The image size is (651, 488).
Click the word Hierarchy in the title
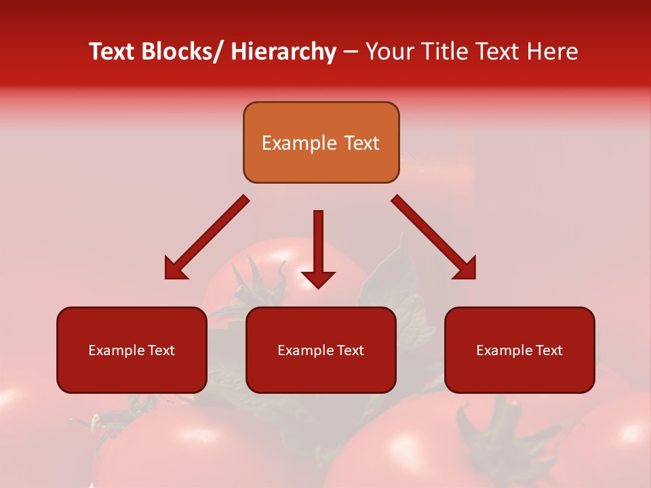tap(283, 52)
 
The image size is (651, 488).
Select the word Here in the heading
tap(553, 52)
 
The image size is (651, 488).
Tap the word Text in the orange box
tap(361, 144)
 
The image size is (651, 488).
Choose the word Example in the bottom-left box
tap(117, 350)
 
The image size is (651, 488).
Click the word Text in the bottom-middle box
tap(351, 350)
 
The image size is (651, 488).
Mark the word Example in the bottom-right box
tap(505, 350)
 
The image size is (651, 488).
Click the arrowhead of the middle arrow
tap(318, 279)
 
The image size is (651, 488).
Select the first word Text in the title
tap(112, 52)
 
